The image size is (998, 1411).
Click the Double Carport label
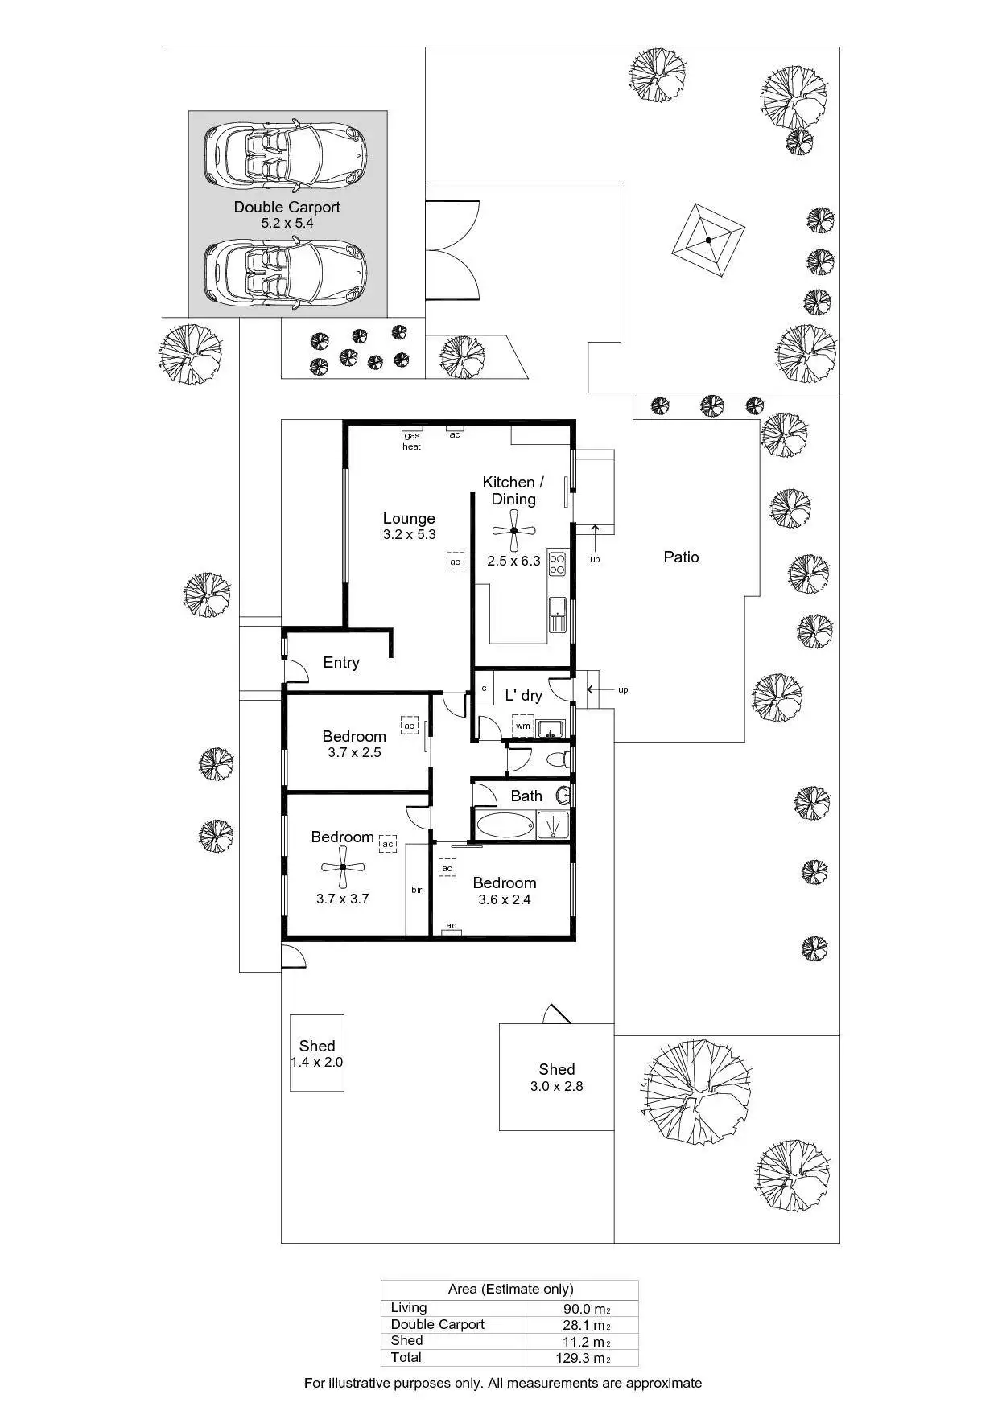287,207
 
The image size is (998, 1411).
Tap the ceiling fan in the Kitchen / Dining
513,531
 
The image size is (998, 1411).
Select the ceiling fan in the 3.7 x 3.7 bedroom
343,867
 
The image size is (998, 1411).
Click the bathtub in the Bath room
505,825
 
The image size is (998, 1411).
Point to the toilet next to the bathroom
556,759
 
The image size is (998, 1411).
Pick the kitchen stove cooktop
557,563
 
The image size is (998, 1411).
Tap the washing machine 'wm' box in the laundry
523,726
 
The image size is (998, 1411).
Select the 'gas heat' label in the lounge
411,441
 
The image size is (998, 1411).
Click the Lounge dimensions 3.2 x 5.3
409,534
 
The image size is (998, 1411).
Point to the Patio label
681,557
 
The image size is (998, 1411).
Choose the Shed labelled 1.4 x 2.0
316,1053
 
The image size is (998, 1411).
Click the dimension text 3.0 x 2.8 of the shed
556,1086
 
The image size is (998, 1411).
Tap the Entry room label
341,662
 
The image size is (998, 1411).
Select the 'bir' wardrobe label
417,890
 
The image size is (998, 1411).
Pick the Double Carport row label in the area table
437,1324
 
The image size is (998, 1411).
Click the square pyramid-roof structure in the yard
708,240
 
